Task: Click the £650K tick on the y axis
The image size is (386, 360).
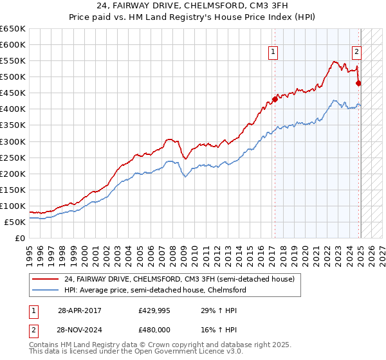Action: tap(13, 29)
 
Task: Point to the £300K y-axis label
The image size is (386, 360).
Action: tap(13, 141)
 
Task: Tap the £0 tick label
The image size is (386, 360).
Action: tap(20, 238)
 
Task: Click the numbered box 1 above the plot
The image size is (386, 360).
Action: tap(273, 53)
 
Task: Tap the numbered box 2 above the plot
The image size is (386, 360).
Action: tap(356, 53)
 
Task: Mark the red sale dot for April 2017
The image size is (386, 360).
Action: tap(275, 99)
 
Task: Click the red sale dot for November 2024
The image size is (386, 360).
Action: tap(359, 83)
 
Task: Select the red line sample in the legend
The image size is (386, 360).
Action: tap(46, 279)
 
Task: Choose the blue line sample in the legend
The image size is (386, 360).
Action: tap(46, 290)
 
